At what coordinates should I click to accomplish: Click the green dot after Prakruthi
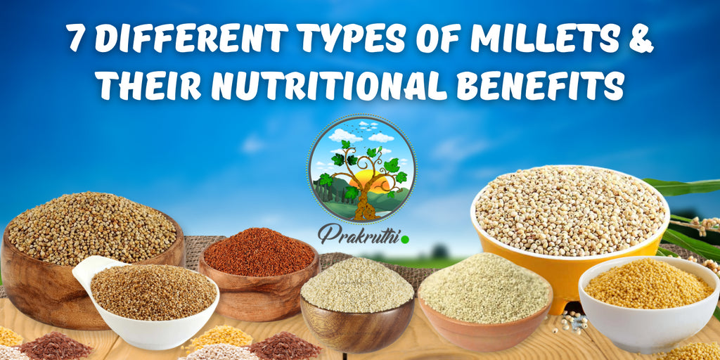pos(404,240)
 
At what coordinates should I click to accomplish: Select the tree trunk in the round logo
pos(364,205)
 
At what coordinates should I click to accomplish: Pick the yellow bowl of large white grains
pos(570,225)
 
